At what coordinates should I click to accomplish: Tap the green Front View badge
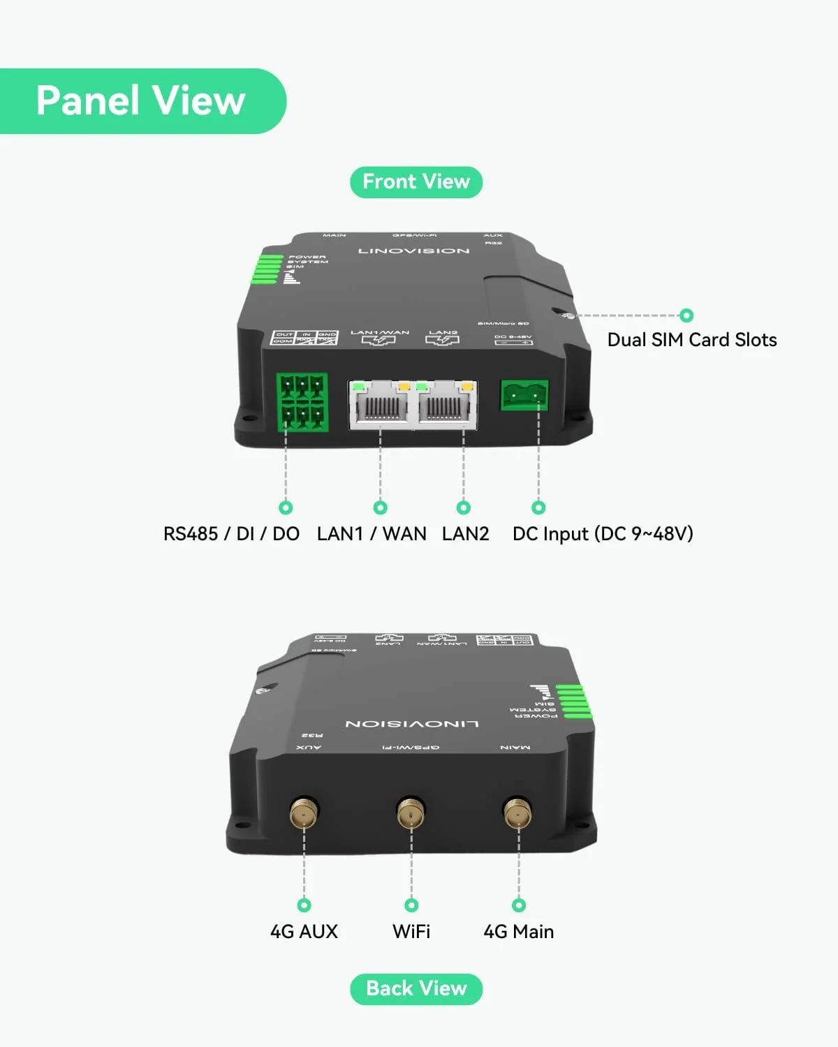point(416,182)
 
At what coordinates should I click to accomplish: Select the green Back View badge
point(416,989)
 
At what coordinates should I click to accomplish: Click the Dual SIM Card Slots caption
point(692,340)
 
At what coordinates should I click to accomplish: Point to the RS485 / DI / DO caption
point(231,534)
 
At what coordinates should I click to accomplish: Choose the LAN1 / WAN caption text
point(372,534)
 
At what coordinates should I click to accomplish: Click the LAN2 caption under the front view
point(466,534)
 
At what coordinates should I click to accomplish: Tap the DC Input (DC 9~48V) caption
point(603,534)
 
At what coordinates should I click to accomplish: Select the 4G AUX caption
point(304,932)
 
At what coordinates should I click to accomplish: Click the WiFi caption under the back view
point(411,932)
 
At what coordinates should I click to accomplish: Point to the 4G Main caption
point(519,932)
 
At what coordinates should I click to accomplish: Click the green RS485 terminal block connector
point(302,403)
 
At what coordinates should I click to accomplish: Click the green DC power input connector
point(524,396)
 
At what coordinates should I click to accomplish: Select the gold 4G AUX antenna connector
point(304,813)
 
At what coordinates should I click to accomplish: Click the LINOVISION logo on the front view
point(414,251)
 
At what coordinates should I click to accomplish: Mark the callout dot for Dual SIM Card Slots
point(686,315)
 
